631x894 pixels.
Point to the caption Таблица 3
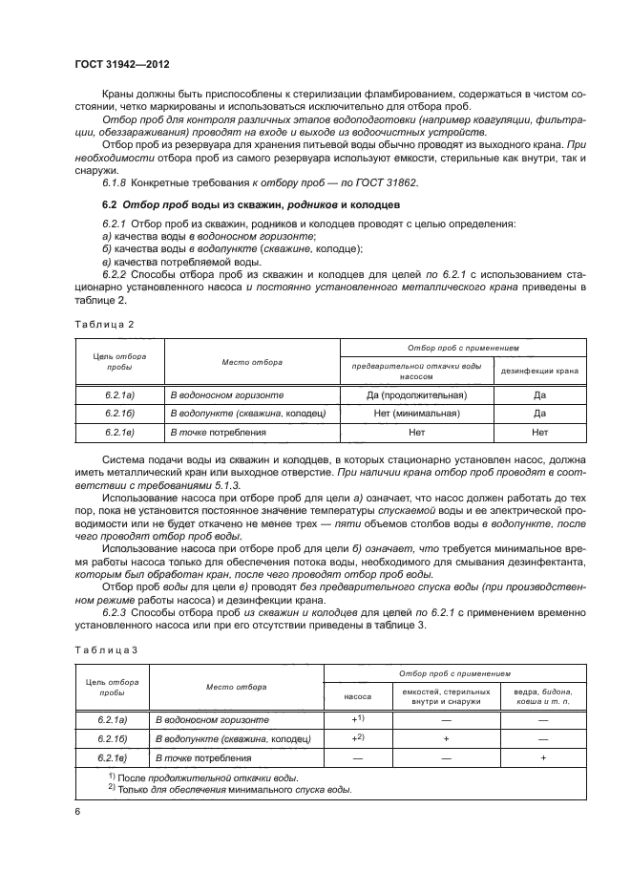pyautogui.click(x=105, y=649)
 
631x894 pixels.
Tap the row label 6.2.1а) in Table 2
pyautogui.click(x=119, y=394)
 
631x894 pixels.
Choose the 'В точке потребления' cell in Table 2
pyautogui.click(x=218, y=432)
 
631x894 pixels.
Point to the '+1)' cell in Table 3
pyautogui.click(x=358, y=719)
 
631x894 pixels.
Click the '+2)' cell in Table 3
pyautogui.click(x=358, y=738)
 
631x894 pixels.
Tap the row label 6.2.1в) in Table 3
pyautogui.click(x=112, y=757)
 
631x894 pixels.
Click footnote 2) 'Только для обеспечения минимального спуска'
pyautogui.click(x=230, y=790)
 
